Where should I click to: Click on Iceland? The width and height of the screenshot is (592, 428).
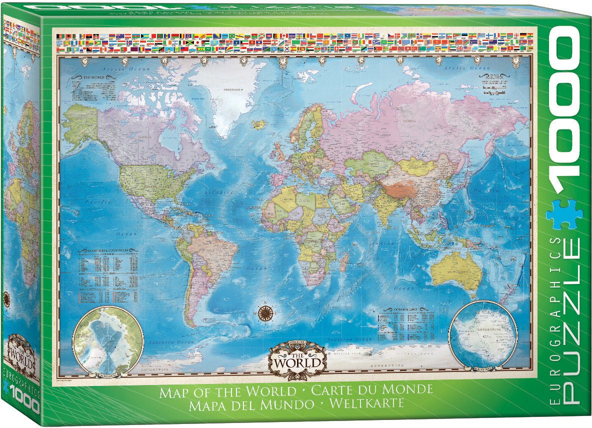(259, 123)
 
